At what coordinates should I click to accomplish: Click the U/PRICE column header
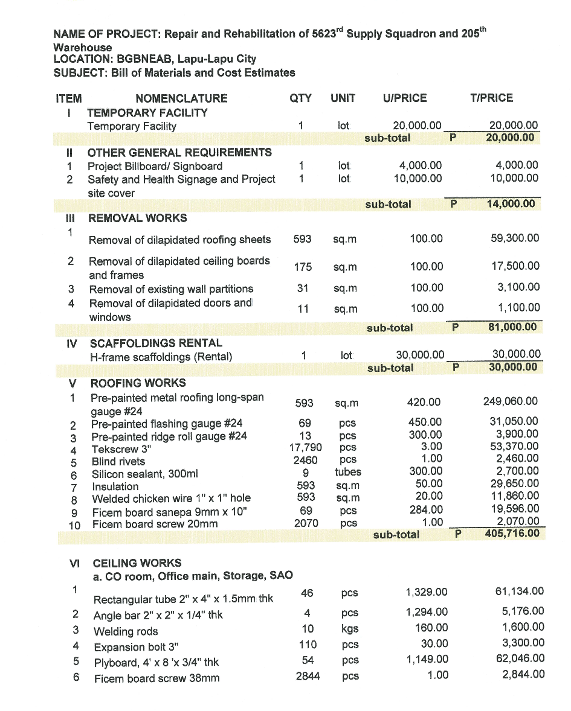pos(404,98)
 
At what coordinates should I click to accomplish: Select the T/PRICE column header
pos(491,98)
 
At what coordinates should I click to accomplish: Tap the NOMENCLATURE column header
pos(181,98)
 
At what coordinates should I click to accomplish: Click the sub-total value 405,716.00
pos(511,534)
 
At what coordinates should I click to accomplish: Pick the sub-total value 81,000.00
pos(512,328)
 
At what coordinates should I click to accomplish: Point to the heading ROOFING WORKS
pos(138,383)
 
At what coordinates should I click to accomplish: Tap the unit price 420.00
pos(425,402)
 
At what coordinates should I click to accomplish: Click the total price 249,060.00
pos(511,401)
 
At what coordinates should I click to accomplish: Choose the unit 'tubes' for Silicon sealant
pos(347,472)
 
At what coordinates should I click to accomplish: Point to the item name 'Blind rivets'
pos(118,462)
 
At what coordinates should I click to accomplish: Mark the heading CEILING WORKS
pos(137,563)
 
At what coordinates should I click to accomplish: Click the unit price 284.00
pos(426,510)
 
